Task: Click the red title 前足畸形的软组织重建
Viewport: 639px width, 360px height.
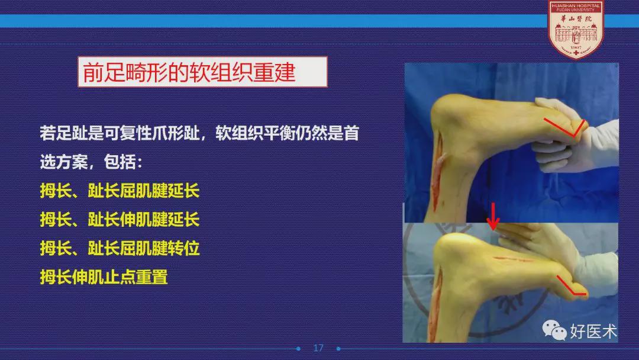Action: coord(189,72)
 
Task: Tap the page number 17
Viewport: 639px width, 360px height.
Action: coord(318,348)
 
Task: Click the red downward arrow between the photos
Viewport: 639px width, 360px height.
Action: coord(493,217)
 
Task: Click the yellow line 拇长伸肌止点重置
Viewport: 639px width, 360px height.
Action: coord(104,277)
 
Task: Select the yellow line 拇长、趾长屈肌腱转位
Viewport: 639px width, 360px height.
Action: coord(120,248)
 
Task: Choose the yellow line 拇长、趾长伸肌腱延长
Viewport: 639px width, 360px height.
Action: coord(120,219)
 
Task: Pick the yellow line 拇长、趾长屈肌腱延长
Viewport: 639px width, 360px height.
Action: coord(120,191)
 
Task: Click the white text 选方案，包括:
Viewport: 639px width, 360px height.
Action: coord(91,162)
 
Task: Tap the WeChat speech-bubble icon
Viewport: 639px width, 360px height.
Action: coord(554,330)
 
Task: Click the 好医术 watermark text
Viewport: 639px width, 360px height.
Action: coord(593,331)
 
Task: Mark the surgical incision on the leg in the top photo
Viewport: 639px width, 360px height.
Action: coord(438,171)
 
